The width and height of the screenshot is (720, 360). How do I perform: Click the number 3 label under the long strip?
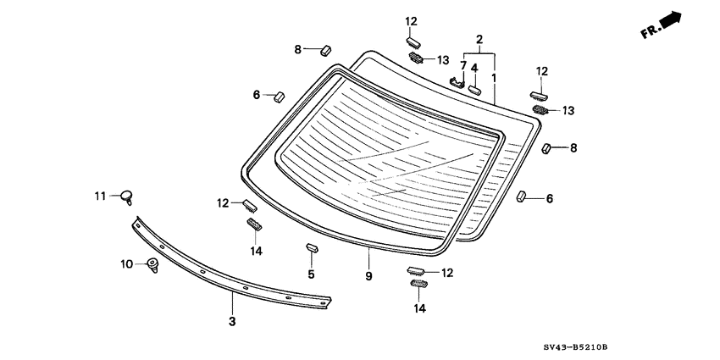pos(232,321)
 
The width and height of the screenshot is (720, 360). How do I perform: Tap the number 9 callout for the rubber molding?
pos(368,275)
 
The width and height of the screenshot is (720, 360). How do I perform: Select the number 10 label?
pos(126,264)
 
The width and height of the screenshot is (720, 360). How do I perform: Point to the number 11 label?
pos(100,196)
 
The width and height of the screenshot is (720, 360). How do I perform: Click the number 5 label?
pos(311,274)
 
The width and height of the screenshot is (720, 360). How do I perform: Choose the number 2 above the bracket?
pos(479,40)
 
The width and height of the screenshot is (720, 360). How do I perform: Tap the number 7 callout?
pos(463,65)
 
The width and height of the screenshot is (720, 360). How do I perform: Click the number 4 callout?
pos(474,68)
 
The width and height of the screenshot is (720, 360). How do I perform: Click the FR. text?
pos(651,31)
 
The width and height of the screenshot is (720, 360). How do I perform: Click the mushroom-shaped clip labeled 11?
pos(127,197)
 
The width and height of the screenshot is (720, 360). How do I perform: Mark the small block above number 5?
pos(311,248)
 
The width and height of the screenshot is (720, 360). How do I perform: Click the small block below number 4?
pos(475,86)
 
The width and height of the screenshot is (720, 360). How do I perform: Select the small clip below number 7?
pos(458,82)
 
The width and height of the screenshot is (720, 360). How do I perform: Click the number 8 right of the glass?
pos(573,148)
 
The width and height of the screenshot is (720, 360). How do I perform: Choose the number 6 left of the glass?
pos(257,96)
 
